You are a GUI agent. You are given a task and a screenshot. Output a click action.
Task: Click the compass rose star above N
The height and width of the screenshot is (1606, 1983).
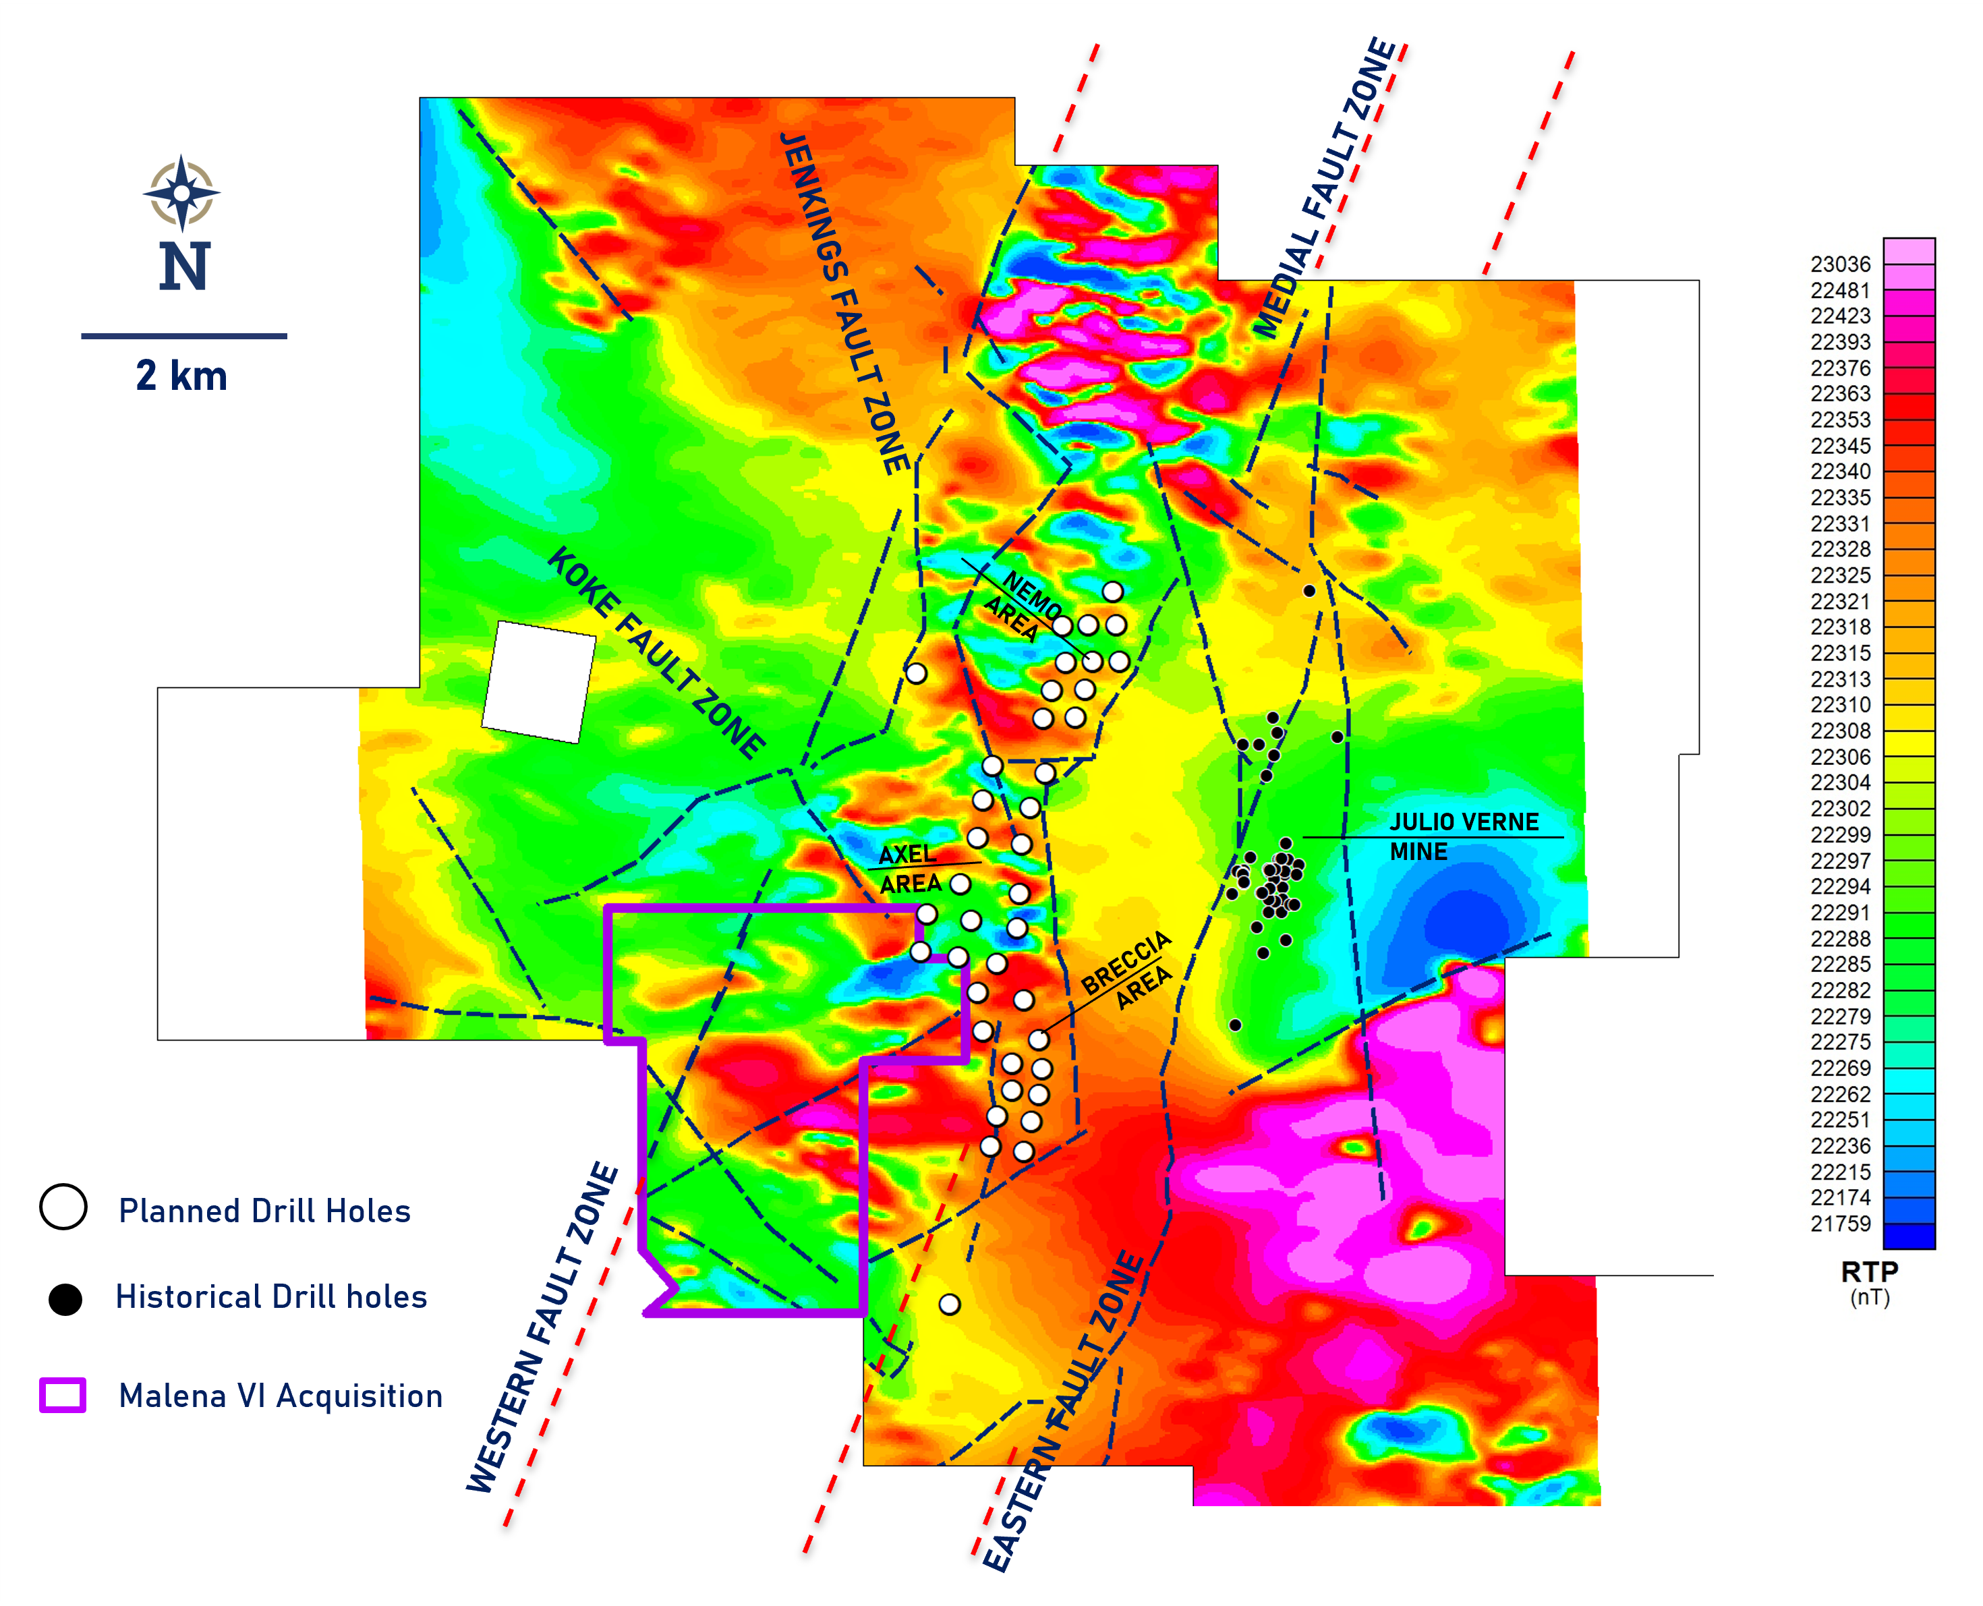(182, 192)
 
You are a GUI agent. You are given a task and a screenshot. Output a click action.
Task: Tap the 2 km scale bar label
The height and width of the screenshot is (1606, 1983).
(181, 376)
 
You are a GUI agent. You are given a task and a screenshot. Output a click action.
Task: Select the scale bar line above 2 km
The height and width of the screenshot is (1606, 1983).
(184, 336)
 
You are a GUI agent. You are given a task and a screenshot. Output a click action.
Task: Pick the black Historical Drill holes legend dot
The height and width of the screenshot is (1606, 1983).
(65, 1299)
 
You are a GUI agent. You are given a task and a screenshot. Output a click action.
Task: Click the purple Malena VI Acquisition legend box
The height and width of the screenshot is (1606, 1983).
(63, 1395)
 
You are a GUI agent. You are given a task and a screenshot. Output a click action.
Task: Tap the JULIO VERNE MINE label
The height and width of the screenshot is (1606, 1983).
(1463, 836)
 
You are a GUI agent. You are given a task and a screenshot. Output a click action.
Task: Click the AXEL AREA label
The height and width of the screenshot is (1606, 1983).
(909, 869)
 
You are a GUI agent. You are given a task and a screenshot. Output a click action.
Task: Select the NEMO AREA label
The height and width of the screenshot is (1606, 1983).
(1022, 605)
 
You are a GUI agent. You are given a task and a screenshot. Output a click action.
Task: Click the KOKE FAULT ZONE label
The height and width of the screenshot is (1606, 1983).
(656, 652)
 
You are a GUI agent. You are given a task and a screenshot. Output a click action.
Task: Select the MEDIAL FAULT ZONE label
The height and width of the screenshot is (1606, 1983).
(1325, 189)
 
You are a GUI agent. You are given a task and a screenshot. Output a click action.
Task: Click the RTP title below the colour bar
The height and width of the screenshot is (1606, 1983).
(1869, 1272)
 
